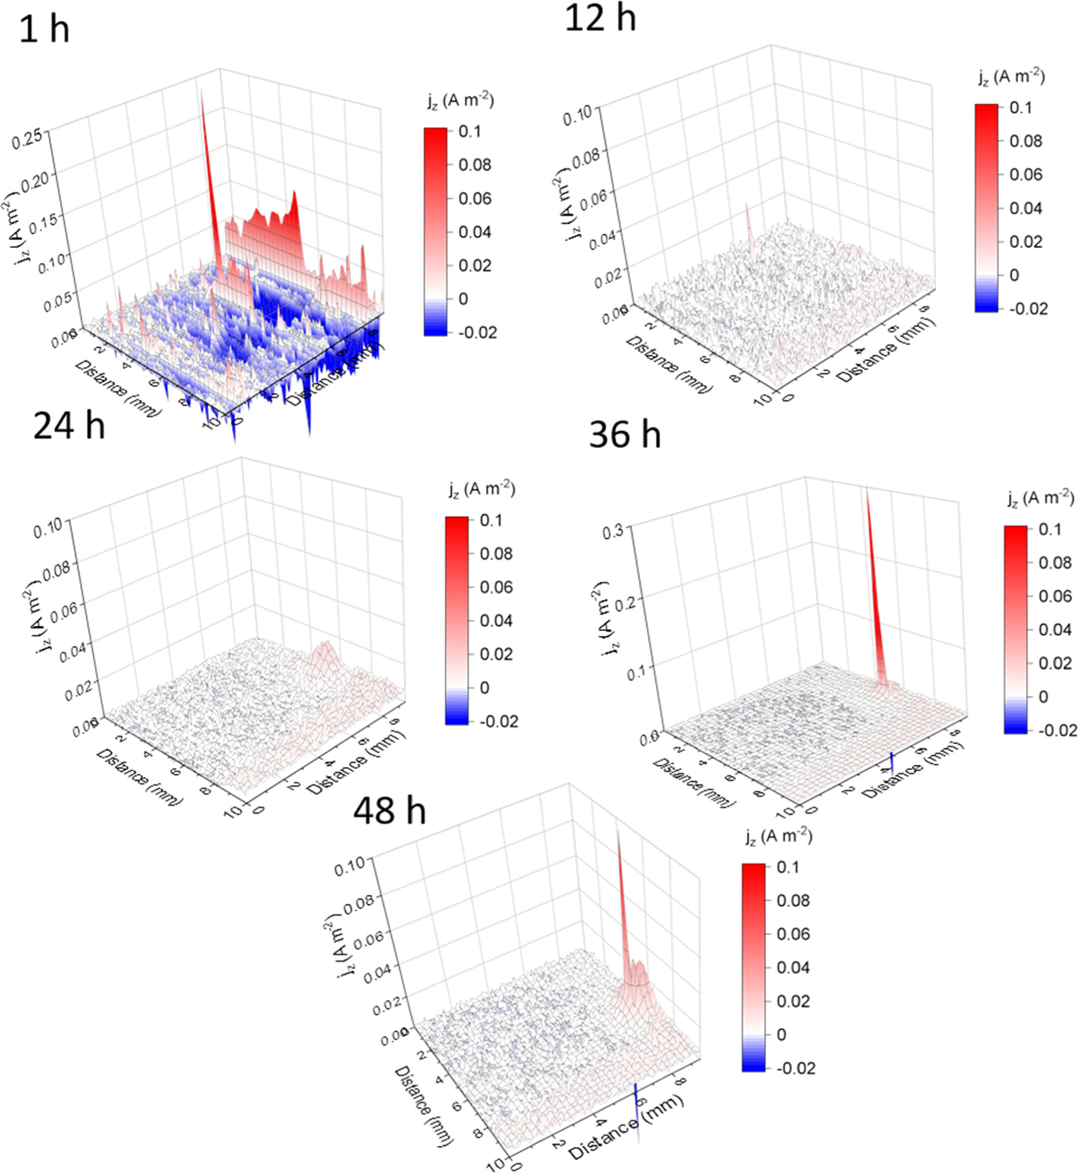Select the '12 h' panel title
coord(600,18)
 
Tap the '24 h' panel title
coord(68,426)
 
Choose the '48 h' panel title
coord(389,811)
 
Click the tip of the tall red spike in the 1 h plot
coord(202,92)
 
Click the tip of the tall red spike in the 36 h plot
coord(868,490)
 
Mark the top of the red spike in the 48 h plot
coord(619,832)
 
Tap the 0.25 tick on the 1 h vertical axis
coord(27,140)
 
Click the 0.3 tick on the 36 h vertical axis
coord(613,531)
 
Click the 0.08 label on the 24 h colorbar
coord(496,554)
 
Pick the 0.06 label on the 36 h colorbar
coord(1055,596)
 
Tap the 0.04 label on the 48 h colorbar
coord(793,967)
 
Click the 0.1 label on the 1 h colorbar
coord(469,131)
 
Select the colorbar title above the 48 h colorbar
coord(778,836)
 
